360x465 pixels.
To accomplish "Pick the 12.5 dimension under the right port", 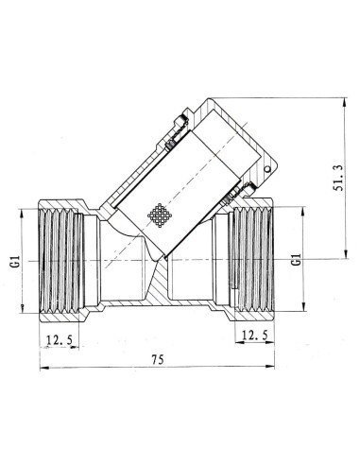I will click(x=253, y=334).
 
